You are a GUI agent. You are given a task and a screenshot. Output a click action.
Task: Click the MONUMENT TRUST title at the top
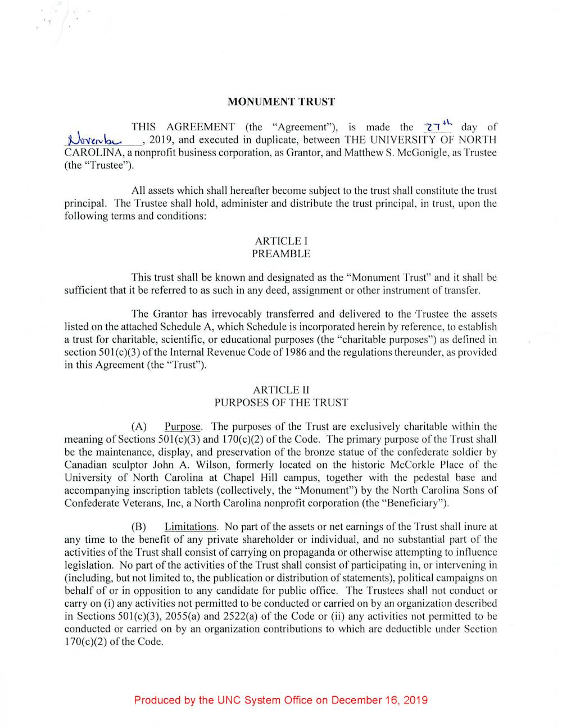281,102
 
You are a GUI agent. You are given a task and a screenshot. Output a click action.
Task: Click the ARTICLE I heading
281,241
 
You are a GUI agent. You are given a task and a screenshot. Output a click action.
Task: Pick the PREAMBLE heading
281,253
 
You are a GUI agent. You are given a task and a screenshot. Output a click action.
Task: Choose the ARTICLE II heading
281,390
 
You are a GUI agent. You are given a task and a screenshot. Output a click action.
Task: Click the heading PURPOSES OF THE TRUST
281,402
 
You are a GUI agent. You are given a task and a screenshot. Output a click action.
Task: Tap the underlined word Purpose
183,426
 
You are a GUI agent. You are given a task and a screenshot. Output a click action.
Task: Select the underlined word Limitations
191,527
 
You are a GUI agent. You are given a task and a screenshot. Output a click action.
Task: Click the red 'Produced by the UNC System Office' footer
281,700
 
